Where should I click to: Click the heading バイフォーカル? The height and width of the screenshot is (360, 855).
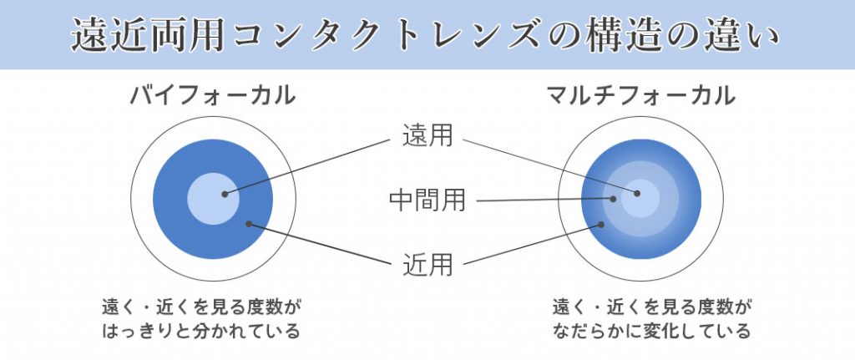[213, 96]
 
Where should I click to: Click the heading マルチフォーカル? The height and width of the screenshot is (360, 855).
[641, 96]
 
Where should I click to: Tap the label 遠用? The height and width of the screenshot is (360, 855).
[427, 135]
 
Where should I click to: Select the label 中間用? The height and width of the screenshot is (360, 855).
[427, 200]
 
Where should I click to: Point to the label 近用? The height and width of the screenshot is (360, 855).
[427, 265]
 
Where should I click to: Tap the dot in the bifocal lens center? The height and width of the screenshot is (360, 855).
[224, 194]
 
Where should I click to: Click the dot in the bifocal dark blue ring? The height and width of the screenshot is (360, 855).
[249, 224]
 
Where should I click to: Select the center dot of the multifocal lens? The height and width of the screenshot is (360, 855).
[637, 193]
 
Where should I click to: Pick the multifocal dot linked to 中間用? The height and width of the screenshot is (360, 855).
[613, 199]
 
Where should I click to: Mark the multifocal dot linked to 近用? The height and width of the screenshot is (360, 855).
[601, 224]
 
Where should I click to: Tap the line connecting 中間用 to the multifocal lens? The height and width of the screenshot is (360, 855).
[544, 200]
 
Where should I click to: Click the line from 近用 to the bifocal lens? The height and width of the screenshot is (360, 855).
[320, 244]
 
